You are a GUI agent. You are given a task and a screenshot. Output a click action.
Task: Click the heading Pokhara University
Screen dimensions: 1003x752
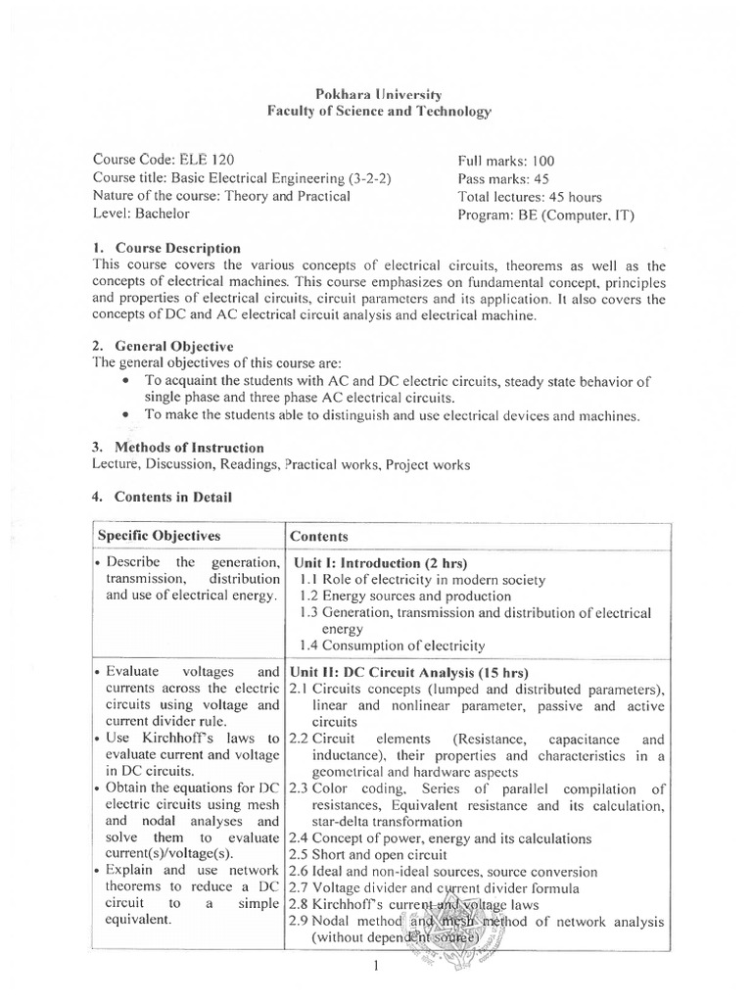380,94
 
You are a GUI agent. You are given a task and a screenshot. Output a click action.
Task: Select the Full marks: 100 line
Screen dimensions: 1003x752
506,161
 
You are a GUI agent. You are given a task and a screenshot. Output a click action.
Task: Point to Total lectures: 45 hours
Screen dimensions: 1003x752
530,196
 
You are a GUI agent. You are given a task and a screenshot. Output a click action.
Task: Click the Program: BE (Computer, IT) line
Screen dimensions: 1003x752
545,215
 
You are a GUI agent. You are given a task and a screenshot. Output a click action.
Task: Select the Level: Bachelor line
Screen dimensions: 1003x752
141,213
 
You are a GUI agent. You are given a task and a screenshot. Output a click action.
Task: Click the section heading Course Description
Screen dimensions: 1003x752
177,248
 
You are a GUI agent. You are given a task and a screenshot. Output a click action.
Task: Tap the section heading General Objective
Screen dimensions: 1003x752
174,346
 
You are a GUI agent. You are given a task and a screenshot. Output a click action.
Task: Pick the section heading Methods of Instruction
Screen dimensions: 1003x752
189,448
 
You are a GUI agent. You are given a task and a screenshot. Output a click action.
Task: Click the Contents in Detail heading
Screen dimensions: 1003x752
172,497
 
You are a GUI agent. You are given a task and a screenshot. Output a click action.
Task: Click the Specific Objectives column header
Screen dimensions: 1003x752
159,536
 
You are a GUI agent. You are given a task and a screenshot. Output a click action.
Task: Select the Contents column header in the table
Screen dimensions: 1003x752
319,537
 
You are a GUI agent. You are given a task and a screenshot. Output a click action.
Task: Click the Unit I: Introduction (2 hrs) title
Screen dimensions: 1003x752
377,564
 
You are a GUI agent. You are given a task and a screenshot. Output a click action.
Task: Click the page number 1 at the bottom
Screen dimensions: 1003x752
375,967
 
